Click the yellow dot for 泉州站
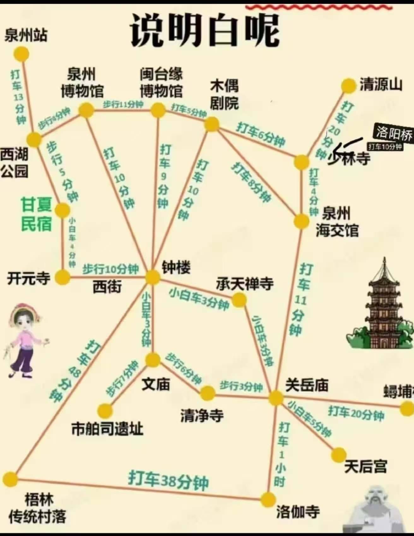coord(21,54)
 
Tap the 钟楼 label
coord(176,268)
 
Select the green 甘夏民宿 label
coord(36,214)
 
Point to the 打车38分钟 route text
coord(168,480)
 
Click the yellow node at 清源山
coord(349,86)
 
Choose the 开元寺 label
coord(29,278)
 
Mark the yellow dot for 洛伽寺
coord(268,499)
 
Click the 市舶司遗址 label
coord(107,429)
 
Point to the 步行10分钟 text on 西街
coord(110,269)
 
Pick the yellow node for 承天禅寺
coord(239,300)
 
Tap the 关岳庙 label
coord(307,385)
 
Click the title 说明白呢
coord(205,30)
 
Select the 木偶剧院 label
coord(224,95)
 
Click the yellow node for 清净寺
coord(208,393)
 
